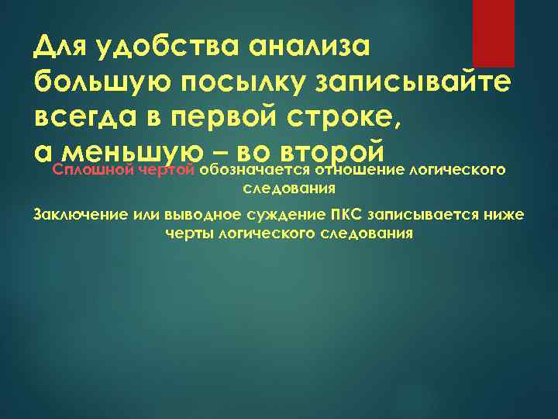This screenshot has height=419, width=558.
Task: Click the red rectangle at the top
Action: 494,33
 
